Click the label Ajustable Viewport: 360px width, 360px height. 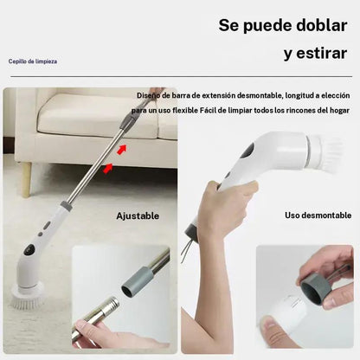click(x=138, y=215)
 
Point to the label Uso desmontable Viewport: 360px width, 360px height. click(x=318, y=215)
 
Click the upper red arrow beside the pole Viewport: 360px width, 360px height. click(x=121, y=151)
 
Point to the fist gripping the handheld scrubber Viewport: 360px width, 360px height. click(x=222, y=208)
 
